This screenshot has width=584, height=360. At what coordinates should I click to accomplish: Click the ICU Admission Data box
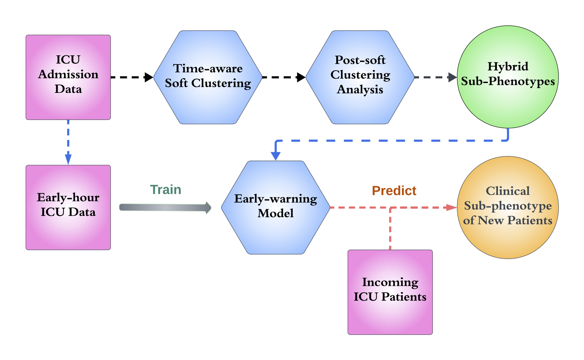click(x=68, y=77)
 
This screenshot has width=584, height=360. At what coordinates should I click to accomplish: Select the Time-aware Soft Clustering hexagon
click(x=208, y=77)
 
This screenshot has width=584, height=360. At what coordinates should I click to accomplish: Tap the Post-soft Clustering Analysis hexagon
click(x=360, y=77)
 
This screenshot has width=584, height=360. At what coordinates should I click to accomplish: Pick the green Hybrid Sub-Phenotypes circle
click(x=508, y=77)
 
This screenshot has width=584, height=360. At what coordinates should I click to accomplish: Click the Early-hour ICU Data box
click(x=68, y=207)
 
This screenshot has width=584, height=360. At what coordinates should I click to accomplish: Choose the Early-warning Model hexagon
click(x=276, y=207)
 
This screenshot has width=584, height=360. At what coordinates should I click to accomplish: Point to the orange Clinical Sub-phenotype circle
click(x=508, y=207)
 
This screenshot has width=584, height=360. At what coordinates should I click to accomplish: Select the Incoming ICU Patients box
click(x=390, y=292)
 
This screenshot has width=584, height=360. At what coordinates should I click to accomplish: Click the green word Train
click(x=165, y=190)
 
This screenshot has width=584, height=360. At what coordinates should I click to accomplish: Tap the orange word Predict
click(x=394, y=191)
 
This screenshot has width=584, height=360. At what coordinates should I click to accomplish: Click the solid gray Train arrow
click(x=165, y=207)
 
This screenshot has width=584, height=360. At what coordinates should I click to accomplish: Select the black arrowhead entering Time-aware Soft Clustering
click(x=149, y=77)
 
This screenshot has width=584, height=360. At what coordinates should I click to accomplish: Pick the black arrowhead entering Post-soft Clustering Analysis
click(x=301, y=77)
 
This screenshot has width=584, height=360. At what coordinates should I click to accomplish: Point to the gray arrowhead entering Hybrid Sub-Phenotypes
click(x=452, y=77)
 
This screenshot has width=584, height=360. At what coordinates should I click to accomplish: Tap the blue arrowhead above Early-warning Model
click(x=276, y=156)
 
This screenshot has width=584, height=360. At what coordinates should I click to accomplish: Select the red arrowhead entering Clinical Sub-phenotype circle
click(x=452, y=207)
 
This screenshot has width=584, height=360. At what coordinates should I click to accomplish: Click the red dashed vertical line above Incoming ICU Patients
click(x=390, y=229)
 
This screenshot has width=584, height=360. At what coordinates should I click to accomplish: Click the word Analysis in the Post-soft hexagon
click(x=360, y=89)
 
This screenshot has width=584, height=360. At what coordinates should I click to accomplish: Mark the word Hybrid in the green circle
click(x=508, y=66)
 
